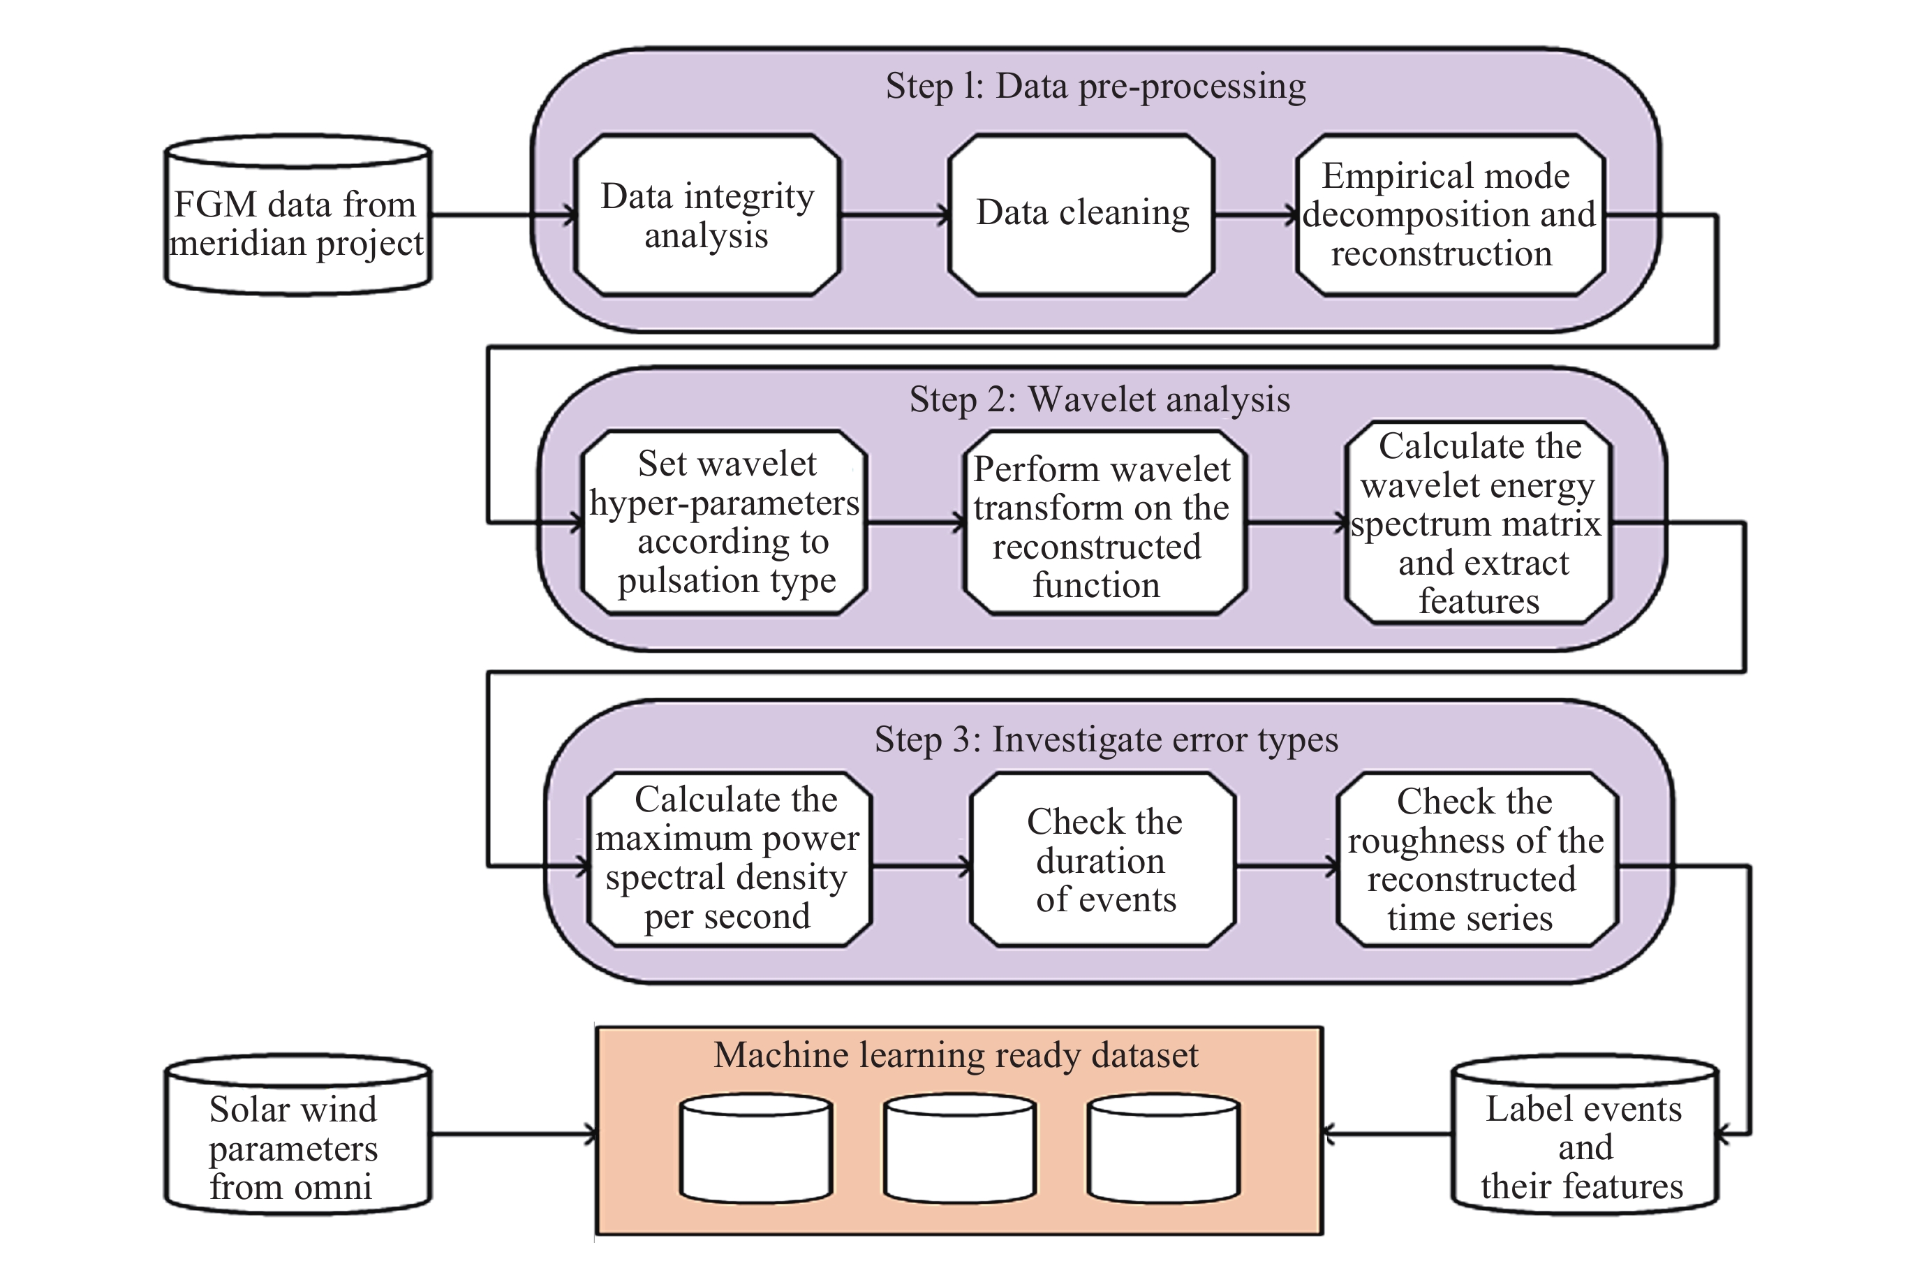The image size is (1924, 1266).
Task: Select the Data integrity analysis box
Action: click(x=707, y=216)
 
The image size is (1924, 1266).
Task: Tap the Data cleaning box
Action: click(x=1081, y=214)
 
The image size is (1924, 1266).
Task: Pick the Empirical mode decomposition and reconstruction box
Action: click(x=1449, y=215)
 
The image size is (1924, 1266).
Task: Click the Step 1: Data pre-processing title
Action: click(x=1095, y=87)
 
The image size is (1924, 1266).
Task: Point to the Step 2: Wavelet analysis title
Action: click(x=1100, y=400)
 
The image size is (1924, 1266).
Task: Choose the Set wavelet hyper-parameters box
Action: click(x=725, y=523)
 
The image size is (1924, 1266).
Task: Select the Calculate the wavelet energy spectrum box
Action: click(x=1479, y=523)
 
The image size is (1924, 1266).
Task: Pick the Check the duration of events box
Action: click(x=1104, y=860)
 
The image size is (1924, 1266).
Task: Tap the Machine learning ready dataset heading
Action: click(x=956, y=1056)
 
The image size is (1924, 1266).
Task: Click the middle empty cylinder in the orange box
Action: click(x=960, y=1148)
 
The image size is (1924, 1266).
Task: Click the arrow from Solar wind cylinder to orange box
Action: click(x=513, y=1134)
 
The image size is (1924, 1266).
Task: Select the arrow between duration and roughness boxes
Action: click(x=1285, y=867)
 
